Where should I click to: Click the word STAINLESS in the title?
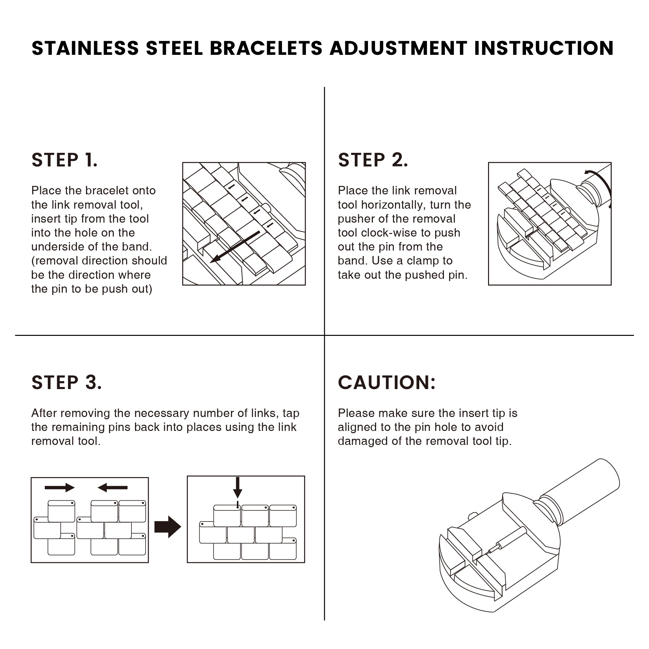pos(85,48)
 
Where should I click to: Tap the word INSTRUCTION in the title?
pos(544,48)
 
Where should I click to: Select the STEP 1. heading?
pos(65,160)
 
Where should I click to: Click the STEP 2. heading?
pos(373,160)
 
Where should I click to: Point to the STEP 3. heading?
pos(67,383)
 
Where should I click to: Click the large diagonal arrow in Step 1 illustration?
pos(235,247)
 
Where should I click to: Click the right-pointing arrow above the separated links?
pos(59,487)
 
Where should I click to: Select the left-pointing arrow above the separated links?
pos(113,487)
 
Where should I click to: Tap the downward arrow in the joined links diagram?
pos(238,487)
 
